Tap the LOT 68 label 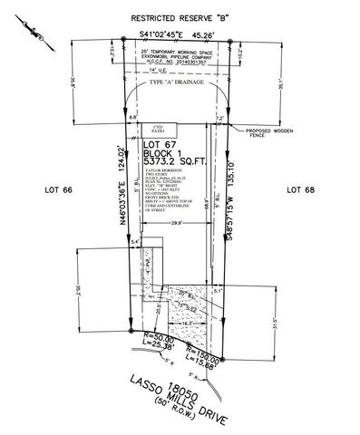(298, 189)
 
